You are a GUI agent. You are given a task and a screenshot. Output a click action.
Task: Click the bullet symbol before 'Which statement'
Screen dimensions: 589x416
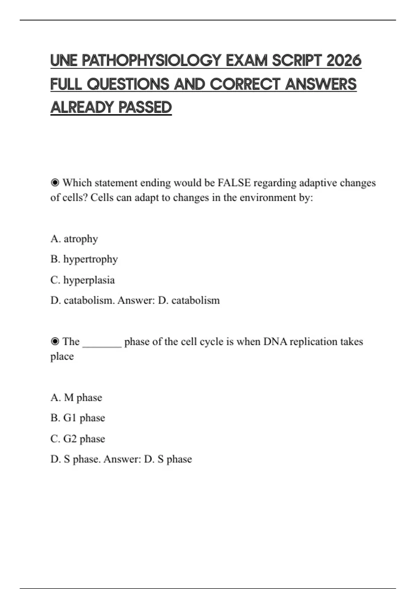(55, 183)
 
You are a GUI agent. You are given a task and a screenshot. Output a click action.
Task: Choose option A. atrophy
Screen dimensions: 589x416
(74, 239)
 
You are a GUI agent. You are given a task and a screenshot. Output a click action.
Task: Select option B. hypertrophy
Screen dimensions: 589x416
(84, 259)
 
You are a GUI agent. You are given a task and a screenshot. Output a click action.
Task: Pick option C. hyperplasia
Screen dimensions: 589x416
(83, 280)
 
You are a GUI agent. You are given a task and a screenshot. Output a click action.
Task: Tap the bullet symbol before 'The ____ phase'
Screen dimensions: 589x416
(55, 342)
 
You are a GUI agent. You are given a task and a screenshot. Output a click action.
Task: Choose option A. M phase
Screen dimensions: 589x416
(76, 397)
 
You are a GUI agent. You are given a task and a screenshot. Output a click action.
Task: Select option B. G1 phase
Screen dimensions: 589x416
(78, 418)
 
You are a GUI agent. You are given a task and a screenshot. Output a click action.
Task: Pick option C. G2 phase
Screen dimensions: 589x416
(78, 439)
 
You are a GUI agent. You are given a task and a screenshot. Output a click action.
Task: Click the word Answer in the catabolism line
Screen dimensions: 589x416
(136, 300)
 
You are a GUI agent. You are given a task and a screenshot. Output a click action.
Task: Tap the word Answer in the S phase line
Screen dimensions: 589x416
(122, 459)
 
